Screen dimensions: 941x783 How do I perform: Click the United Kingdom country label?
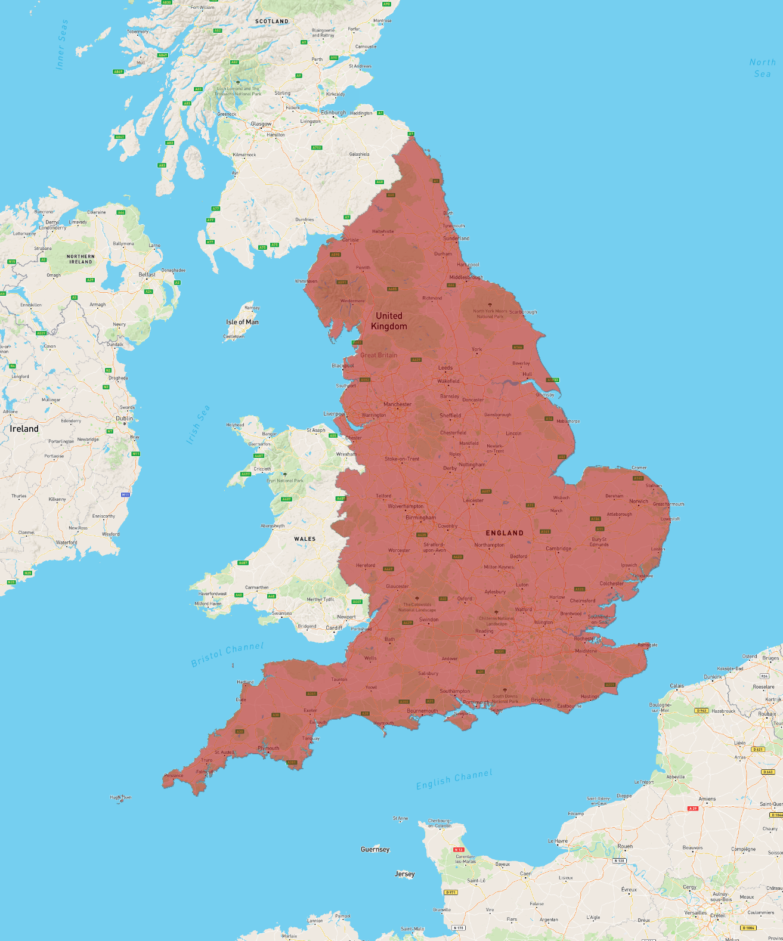click(x=389, y=321)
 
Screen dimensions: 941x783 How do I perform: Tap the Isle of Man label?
click(x=242, y=322)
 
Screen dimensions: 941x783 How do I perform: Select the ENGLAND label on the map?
click(x=505, y=533)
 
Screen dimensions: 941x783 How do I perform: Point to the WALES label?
click(x=305, y=539)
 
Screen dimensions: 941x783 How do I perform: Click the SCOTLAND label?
click(x=272, y=21)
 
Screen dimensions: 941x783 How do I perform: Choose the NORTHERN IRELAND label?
click(x=81, y=259)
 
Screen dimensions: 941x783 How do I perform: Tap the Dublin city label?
click(x=124, y=419)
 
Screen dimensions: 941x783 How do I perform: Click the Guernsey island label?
click(x=375, y=849)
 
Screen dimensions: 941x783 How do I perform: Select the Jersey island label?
click(x=404, y=874)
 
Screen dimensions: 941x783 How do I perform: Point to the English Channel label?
click(x=454, y=779)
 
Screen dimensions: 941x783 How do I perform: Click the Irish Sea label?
click(x=198, y=425)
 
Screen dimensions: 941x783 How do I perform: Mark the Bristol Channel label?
click(x=227, y=654)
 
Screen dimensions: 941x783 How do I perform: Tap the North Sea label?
click(x=762, y=68)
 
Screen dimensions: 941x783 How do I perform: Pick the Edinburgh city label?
click(x=333, y=112)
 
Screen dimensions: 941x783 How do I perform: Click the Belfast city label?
click(x=147, y=275)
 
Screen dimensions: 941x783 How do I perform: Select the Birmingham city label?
click(x=420, y=518)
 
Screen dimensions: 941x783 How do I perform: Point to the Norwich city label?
click(x=638, y=501)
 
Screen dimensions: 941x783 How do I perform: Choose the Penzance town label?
click(x=174, y=775)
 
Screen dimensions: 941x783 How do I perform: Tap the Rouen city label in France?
click(x=624, y=846)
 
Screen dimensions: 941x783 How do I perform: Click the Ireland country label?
click(x=24, y=429)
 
